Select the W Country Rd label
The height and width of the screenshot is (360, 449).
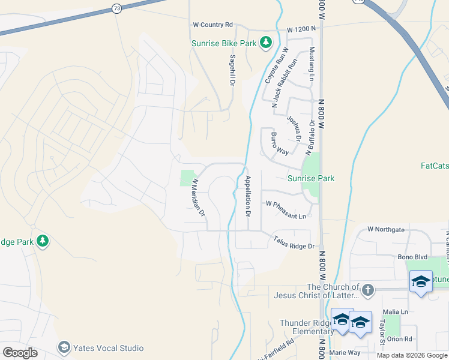click(212, 25)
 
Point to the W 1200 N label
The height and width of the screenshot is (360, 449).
click(301, 29)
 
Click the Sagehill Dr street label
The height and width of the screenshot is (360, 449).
click(232, 70)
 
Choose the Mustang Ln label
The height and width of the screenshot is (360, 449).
click(312, 64)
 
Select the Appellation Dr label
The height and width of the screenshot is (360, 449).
click(247, 196)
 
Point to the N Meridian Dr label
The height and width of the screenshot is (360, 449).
click(199, 197)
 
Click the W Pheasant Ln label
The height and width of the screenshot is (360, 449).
click(286, 209)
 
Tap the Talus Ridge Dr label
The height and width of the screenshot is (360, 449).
click(294, 243)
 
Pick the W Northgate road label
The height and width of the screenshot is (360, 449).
click(386, 229)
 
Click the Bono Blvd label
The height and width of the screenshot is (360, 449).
click(412, 257)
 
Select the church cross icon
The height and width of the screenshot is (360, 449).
click(368, 290)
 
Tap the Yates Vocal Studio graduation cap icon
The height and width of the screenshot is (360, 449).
click(64, 347)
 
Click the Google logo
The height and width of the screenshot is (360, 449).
click(20, 353)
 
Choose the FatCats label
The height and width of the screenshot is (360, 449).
click(434, 165)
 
